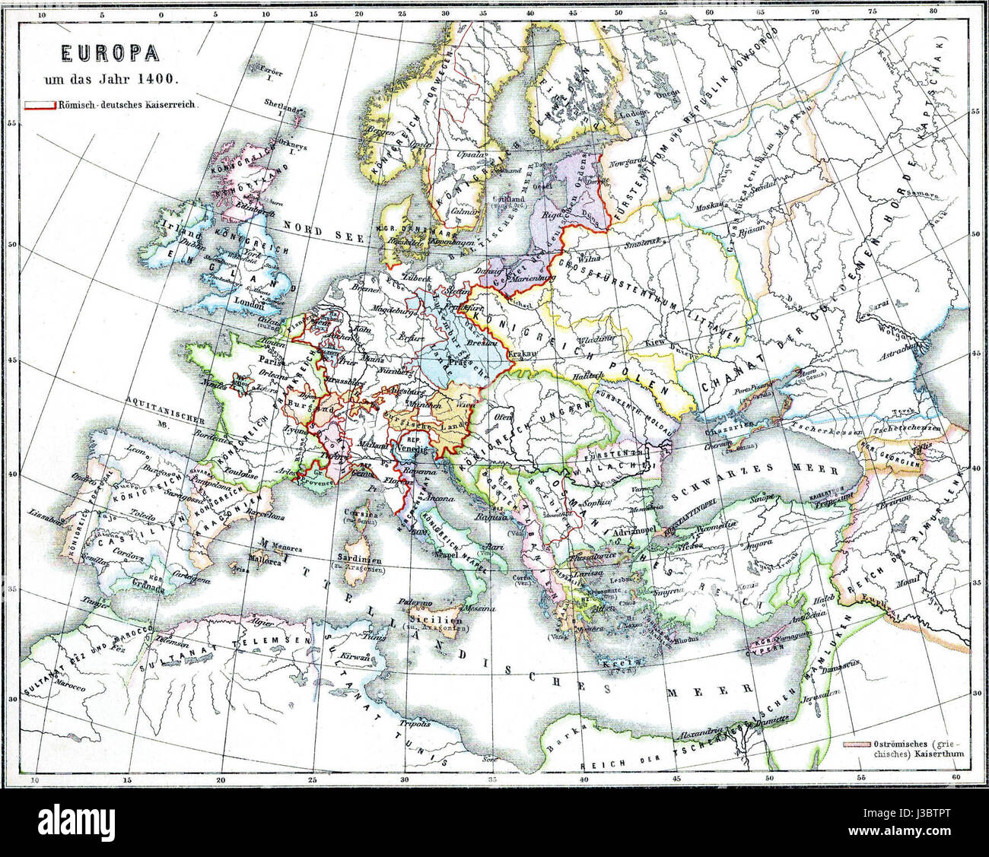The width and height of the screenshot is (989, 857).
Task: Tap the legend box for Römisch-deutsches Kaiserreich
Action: (x=39, y=105)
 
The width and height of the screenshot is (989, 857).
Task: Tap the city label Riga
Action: (x=552, y=214)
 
